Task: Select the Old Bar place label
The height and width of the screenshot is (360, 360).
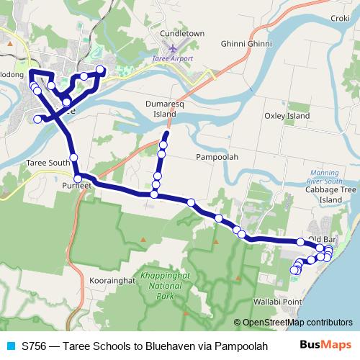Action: [x=323, y=238]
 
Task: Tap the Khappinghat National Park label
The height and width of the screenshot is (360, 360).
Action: [x=166, y=286]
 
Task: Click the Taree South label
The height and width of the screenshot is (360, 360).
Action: [x=48, y=163]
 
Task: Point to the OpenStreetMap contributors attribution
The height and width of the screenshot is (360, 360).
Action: [x=292, y=323]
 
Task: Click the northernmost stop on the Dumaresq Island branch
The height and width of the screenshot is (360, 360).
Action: [x=166, y=135]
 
